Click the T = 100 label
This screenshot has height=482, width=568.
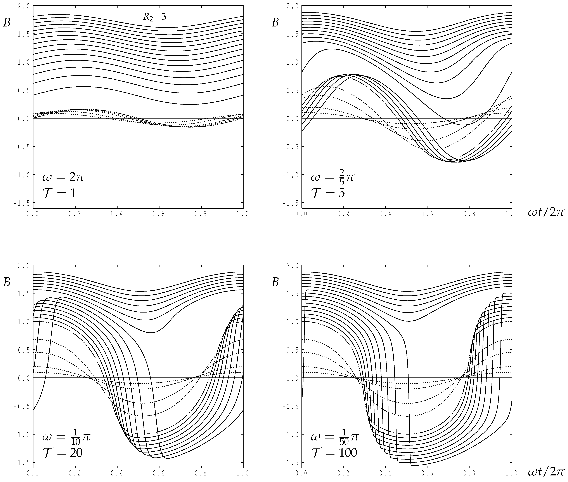(x=334, y=453)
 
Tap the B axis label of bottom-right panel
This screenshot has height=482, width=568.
(x=275, y=282)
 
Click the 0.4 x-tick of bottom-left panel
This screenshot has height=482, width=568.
(x=117, y=473)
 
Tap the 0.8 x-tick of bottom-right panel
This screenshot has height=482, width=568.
(x=469, y=473)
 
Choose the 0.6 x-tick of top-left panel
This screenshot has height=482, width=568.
(x=159, y=214)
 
